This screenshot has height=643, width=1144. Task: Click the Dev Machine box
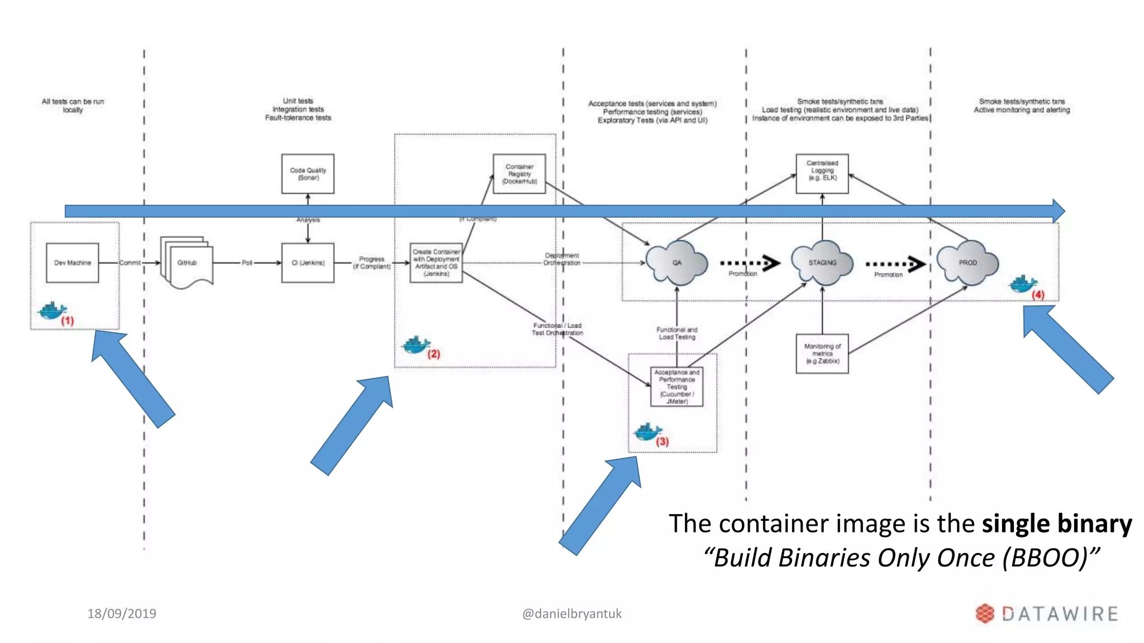(x=72, y=263)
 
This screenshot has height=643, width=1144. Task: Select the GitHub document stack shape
(x=187, y=263)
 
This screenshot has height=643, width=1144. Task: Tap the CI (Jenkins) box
(x=308, y=263)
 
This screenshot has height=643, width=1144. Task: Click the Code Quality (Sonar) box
(x=308, y=174)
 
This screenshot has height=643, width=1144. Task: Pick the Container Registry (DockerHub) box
(x=519, y=174)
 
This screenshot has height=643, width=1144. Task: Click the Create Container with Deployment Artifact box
(x=436, y=263)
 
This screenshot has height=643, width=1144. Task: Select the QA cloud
(x=676, y=263)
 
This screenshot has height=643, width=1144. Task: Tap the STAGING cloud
(x=822, y=263)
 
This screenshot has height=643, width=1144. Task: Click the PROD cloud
(x=967, y=263)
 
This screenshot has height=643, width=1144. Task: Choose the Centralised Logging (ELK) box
(x=822, y=174)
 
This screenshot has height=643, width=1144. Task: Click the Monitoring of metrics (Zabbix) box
(x=822, y=354)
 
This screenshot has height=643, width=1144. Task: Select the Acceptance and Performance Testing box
(x=676, y=386)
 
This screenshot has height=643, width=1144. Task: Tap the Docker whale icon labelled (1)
(x=51, y=311)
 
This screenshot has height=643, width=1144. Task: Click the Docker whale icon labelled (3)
(x=647, y=431)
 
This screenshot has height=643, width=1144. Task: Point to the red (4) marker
(x=1038, y=295)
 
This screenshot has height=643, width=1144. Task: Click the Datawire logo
(x=1047, y=613)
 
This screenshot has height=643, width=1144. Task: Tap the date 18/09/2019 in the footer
(x=122, y=613)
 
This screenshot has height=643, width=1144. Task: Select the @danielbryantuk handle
(x=571, y=613)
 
